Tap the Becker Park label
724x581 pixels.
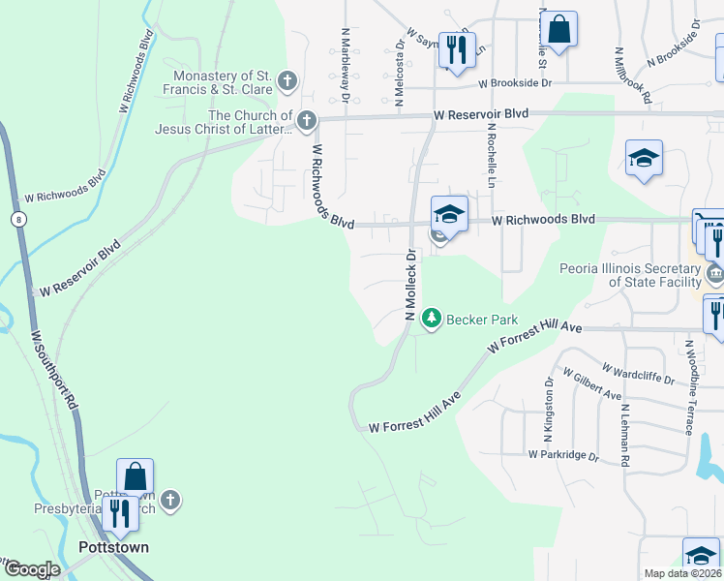coord(482,320)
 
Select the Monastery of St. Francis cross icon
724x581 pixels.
coord(287,81)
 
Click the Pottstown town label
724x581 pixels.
coord(113,547)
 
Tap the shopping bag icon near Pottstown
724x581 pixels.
coord(135,476)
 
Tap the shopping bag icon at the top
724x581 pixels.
coord(558,29)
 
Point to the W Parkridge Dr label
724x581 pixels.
coord(564,454)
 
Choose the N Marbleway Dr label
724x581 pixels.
coord(345,61)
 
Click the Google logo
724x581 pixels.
coord(33,569)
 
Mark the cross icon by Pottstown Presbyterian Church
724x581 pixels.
coord(169,500)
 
